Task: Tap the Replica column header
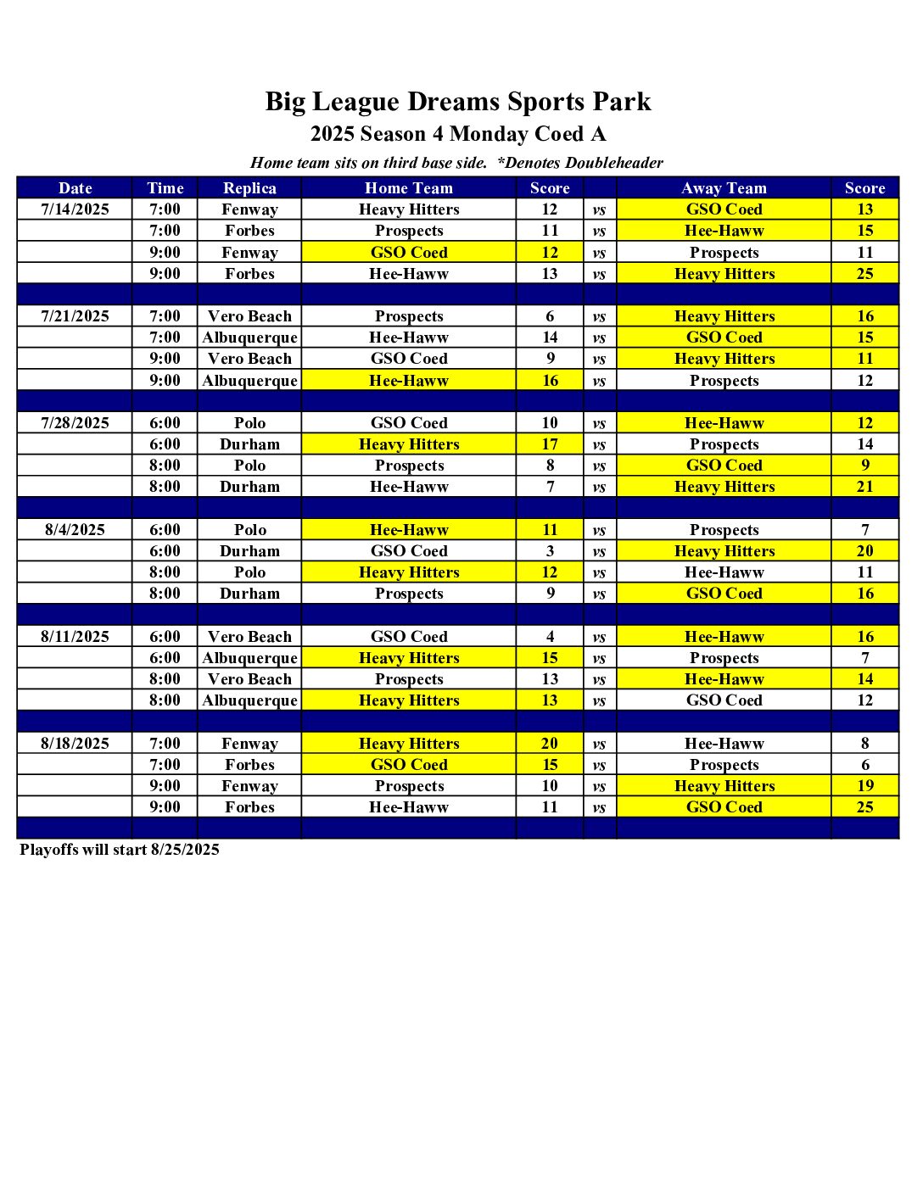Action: tap(249, 188)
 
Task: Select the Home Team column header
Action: tap(409, 188)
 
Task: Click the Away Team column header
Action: tap(724, 188)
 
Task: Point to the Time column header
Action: tap(165, 188)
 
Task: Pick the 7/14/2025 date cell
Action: tap(75, 209)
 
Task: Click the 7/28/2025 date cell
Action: tap(75, 423)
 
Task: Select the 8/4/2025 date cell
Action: tap(75, 530)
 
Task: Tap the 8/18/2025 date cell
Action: tap(75, 744)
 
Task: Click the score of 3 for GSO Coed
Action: tap(550, 551)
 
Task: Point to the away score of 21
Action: tap(864, 487)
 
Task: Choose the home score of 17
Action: tap(550, 444)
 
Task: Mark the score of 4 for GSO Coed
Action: tap(550, 637)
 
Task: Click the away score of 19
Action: tap(864, 786)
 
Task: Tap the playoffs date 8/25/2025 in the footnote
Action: tap(185, 850)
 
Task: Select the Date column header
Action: tap(75, 188)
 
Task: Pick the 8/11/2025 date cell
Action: tap(75, 637)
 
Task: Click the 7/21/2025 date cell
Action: tap(75, 316)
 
